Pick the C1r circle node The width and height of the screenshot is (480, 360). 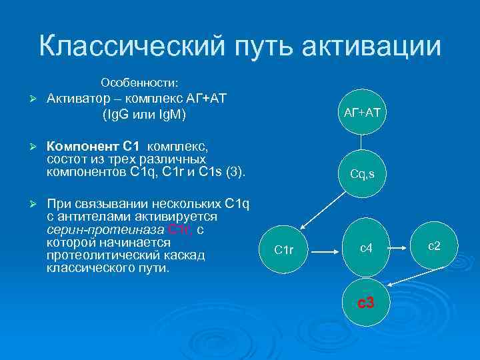click(x=284, y=250)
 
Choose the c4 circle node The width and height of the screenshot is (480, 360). click(x=365, y=249)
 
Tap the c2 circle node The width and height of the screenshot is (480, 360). click(x=434, y=246)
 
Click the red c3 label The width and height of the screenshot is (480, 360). click(x=366, y=303)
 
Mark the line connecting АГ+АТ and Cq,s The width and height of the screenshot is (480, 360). click(x=362, y=143)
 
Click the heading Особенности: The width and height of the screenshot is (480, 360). click(x=139, y=83)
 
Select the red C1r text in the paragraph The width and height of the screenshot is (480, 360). click(x=181, y=230)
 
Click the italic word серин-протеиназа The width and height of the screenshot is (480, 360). click(x=105, y=230)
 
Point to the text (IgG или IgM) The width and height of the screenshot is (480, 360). click(x=144, y=115)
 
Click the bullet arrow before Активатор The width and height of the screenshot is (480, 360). click(x=23, y=99)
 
